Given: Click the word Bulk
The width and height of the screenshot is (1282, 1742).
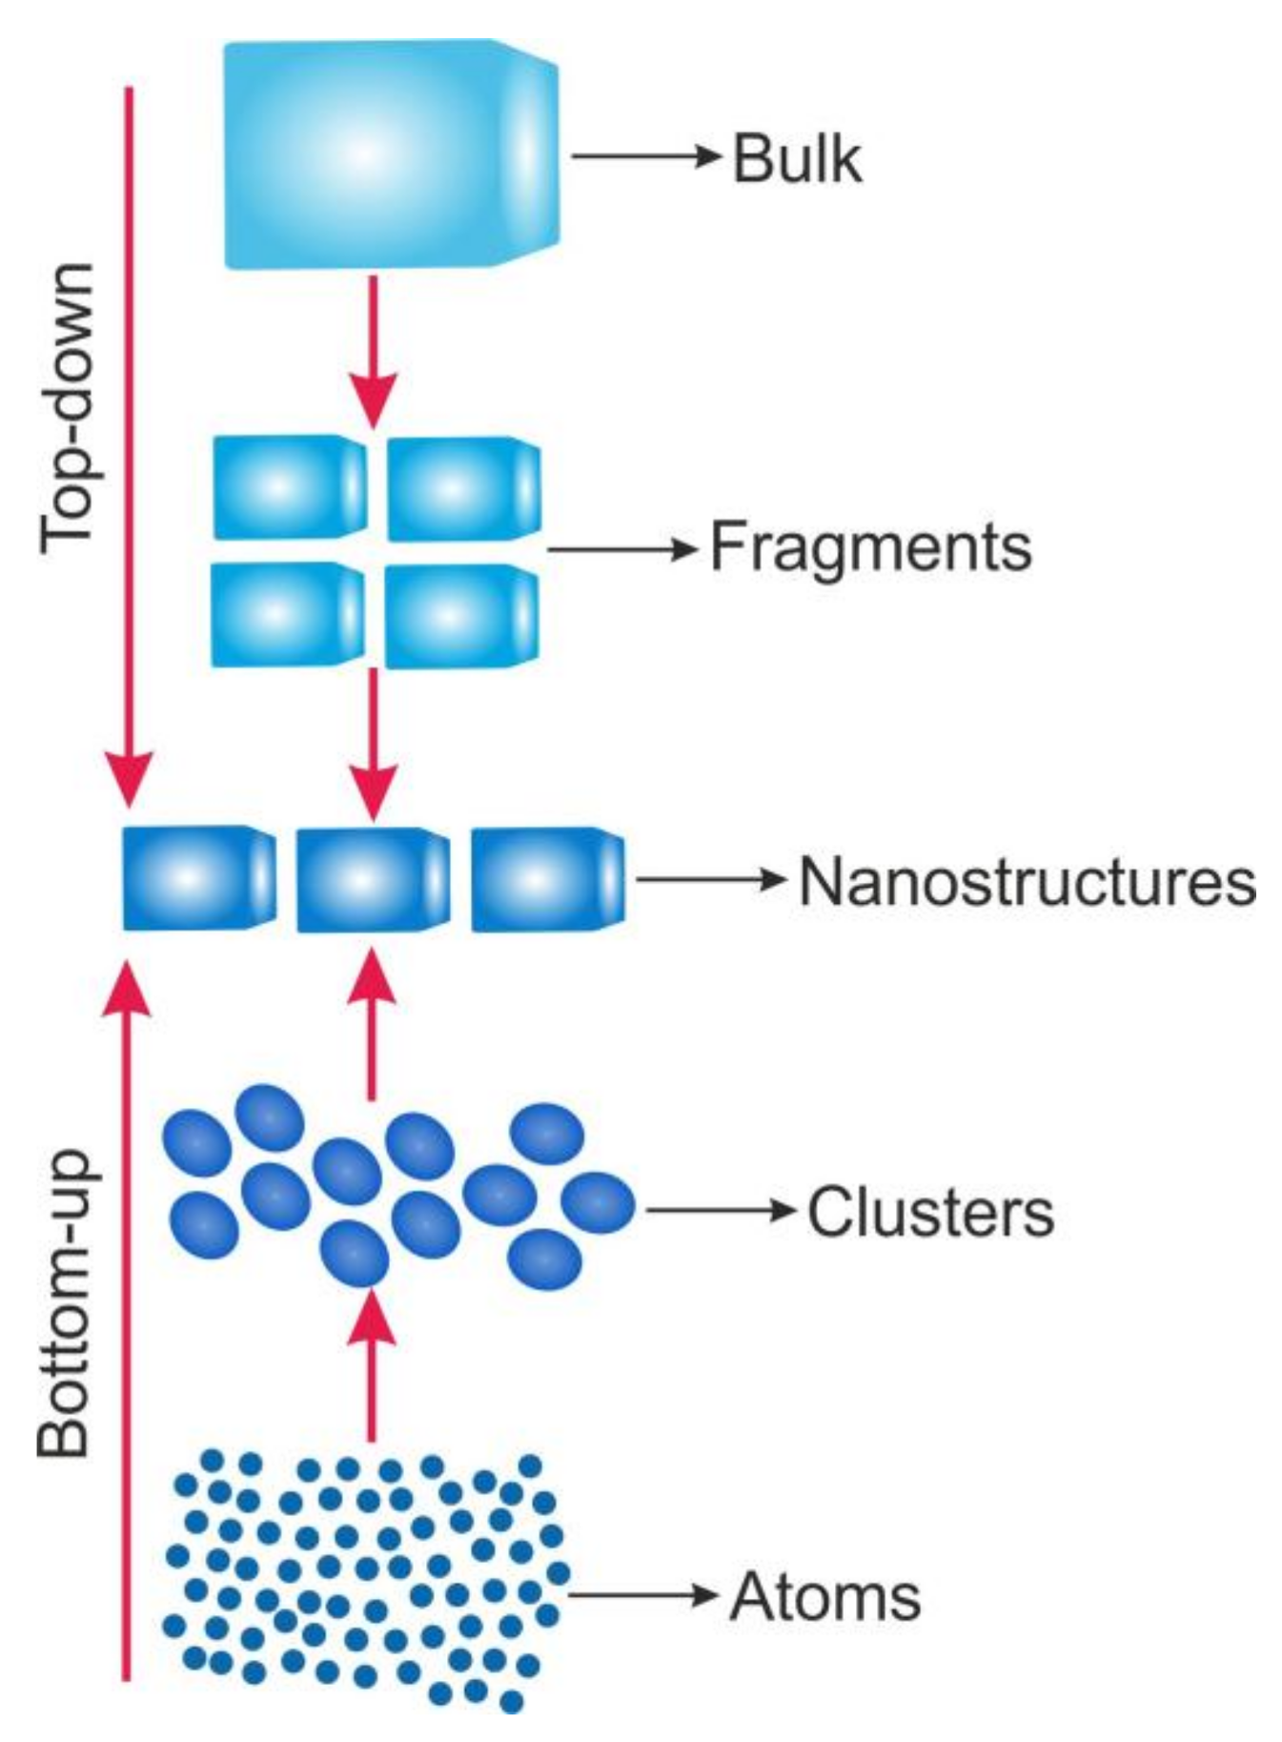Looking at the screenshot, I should tap(797, 159).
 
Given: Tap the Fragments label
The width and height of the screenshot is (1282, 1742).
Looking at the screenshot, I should tap(870, 547).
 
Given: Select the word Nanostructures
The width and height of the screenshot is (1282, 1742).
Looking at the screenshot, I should tap(1027, 880).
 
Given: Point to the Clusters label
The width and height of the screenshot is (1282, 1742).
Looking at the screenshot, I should tap(930, 1212).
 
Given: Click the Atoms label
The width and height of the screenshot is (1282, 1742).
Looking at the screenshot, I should tap(825, 1596).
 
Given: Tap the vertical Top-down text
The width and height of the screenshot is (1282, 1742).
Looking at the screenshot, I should tap(68, 408).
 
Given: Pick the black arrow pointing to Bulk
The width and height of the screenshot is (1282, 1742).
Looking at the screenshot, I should tap(644, 156).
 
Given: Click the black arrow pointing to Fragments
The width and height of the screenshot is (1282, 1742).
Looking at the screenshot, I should tap(621, 549).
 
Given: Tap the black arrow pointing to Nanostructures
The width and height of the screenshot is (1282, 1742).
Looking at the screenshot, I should tap(710, 879).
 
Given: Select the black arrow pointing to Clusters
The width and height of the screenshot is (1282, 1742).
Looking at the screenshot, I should tap(720, 1211).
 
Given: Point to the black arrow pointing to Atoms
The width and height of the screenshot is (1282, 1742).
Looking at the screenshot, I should tap(641, 1594).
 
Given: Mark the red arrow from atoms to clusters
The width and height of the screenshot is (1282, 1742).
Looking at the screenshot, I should tap(372, 1363).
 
